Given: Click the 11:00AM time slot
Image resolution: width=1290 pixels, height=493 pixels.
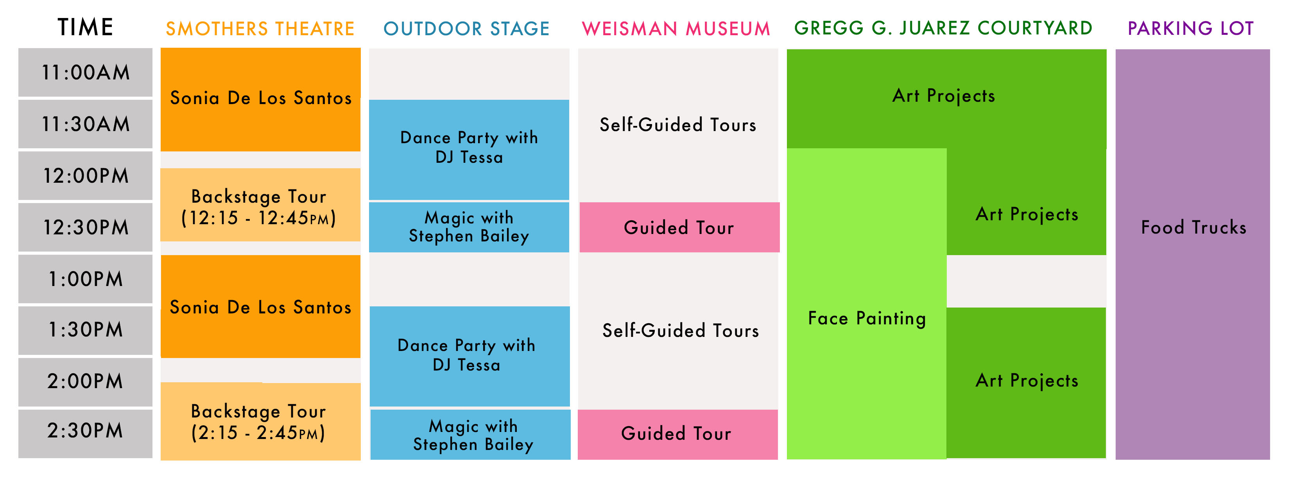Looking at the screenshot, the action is [85, 72].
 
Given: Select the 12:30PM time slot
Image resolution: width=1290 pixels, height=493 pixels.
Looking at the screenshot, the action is [85, 227].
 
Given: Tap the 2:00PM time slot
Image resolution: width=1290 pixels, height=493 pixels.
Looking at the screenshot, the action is [85, 381].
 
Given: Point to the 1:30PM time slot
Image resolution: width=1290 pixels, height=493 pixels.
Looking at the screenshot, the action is [85, 330].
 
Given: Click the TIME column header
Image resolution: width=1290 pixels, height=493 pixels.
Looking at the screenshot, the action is [85, 27].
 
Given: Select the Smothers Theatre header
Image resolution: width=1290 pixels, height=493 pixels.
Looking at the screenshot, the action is [260, 29].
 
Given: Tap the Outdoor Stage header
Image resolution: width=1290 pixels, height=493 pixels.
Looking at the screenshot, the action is [466, 29].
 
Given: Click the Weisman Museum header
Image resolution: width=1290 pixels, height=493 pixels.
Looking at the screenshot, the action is [676, 29].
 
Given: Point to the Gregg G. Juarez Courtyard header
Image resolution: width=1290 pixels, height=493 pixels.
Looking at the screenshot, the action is [944, 28].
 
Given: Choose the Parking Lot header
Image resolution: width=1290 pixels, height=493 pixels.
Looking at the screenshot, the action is [1191, 28].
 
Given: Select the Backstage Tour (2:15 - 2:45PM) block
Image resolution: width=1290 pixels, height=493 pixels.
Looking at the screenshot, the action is [260, 421].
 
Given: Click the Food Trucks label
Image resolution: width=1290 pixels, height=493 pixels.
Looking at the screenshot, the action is [1193, 227].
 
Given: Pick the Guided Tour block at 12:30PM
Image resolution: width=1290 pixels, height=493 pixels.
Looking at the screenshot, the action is [679, 227].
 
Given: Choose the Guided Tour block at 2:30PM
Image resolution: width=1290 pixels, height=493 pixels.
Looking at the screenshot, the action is [677, 434].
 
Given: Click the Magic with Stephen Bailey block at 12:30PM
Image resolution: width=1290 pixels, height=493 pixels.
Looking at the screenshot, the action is [469, 227].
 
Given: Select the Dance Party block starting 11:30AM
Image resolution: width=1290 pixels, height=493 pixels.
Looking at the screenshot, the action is [469, 149].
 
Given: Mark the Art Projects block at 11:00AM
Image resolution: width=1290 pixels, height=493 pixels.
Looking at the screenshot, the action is [946, 99].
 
